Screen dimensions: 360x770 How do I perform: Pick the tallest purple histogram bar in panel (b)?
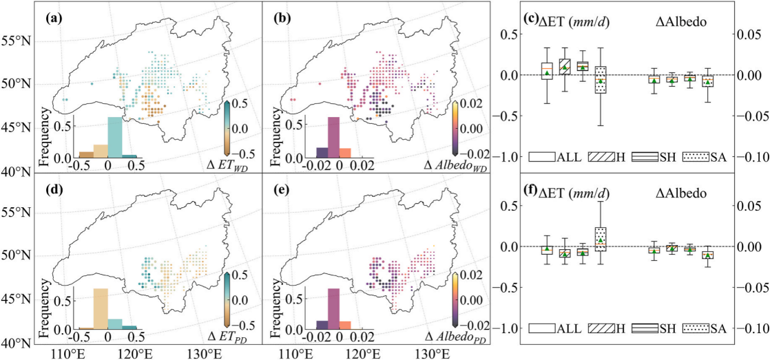tap(333, 137)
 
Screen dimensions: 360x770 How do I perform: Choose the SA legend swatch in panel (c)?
tap(698, 156)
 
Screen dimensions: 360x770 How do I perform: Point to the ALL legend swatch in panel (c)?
tap(543, 156)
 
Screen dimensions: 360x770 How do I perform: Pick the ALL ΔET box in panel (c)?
tap(547, 71)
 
